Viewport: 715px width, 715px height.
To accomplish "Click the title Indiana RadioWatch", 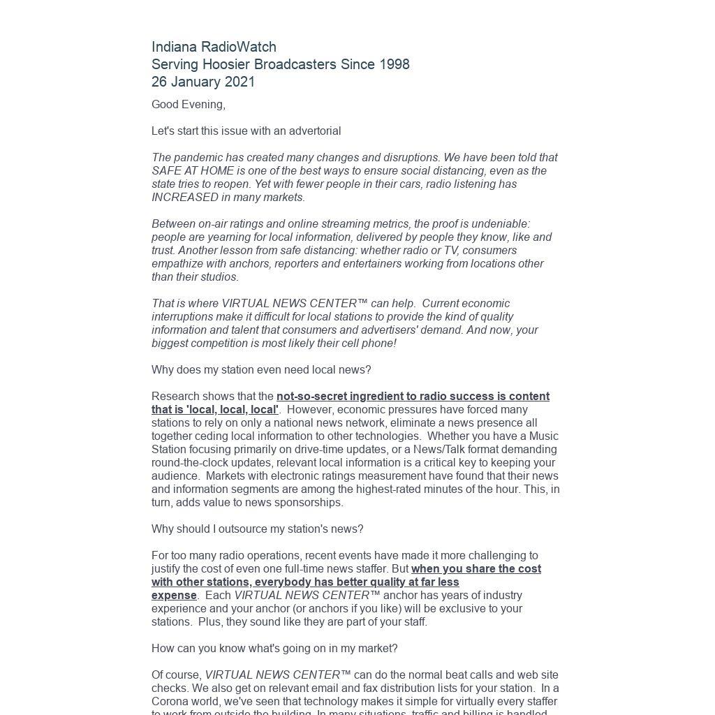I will click(214, 47).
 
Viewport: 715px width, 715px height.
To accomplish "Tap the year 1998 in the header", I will click(394, 64).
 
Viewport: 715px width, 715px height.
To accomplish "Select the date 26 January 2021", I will click(203, 82).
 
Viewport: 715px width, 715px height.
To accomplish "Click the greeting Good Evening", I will click(188, 105).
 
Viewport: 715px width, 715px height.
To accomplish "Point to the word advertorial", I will click(313, 131).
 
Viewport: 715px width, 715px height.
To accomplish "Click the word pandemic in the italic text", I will click(199, 158).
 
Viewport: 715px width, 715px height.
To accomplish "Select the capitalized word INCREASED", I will click(185, 198).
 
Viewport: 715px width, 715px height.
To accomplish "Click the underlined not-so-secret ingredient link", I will click(412, 397).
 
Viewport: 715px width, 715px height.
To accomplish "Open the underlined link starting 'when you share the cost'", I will click(476, 569).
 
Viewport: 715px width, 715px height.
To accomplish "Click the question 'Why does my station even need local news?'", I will click(261, 370).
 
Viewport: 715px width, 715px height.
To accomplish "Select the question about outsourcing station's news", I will click(257, 529).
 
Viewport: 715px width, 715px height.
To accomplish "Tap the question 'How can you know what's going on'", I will click(274, 649).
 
